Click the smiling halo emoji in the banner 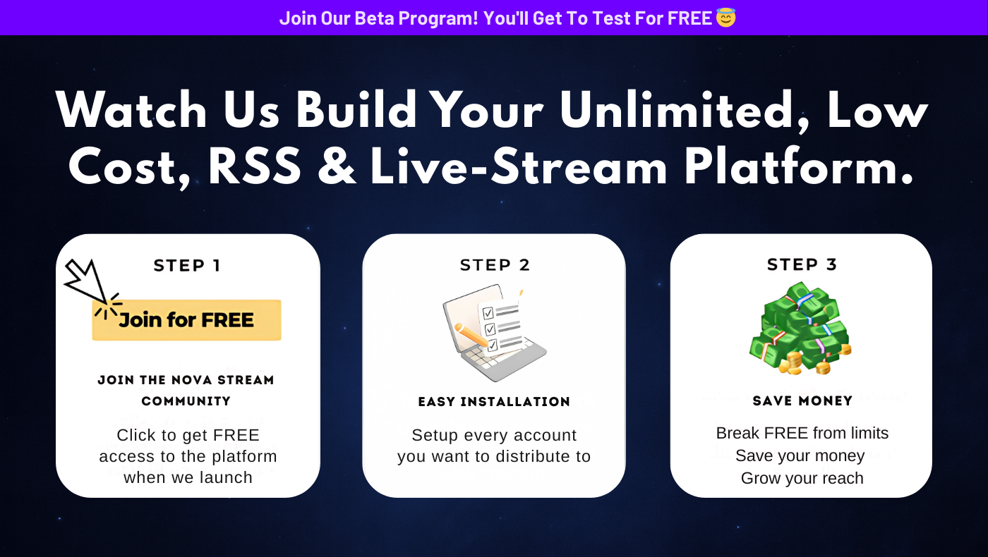(x=725, y=18)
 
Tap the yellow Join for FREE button (x=186, y=320)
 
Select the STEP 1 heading (x=186, y=265)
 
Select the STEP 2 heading (x=495, y=265)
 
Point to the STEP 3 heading (x=802, y=264)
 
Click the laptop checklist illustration (x=495, y=333)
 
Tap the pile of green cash (x=800, y=329)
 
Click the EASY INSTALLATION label (x=494, y=401)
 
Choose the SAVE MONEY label (x=802, y=400)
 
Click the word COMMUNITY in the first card (x=186, y=401)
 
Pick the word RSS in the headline (x=255, y=167)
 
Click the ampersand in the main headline (x=337, y=166)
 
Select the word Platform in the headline (x=799, y=166)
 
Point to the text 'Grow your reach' (x=802, y=478)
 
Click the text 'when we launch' (x=188, y=477)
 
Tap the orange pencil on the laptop (x=471, y=335)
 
